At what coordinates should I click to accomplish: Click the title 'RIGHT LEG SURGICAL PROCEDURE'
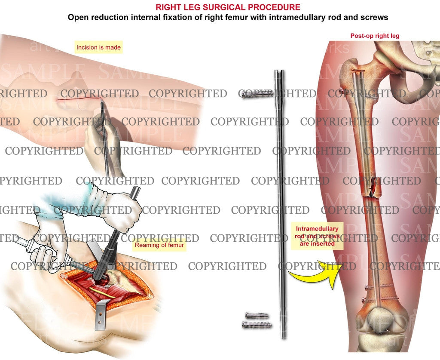228,8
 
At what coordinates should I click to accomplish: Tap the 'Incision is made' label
98,47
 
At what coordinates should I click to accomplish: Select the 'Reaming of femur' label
159,245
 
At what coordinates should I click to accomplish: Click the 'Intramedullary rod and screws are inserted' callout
317,236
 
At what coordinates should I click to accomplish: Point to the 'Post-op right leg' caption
375,36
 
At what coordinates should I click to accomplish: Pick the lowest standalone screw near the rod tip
257,325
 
